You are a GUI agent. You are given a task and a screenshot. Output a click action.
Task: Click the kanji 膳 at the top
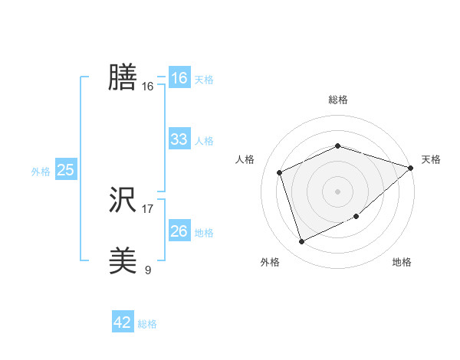[123, 78]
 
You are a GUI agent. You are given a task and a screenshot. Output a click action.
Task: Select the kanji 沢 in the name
[123, 201]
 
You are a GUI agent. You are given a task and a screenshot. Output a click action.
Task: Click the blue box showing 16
[179, 78]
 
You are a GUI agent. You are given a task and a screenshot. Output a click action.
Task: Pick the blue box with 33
[179, 139]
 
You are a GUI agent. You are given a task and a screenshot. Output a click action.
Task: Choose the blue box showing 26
[179, 231]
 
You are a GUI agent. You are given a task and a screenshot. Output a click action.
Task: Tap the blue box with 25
[65, 170]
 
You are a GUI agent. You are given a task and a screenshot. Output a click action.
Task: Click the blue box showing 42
[123, 322]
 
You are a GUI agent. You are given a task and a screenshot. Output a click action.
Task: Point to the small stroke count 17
[148, 209]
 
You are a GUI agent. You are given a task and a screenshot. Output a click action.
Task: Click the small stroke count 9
[148, 270]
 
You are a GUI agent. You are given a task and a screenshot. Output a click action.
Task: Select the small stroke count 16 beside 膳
[148, 87]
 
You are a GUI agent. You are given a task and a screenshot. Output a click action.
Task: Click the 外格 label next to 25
[41, 172]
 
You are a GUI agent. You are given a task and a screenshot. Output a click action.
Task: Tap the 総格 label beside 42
[147, 324]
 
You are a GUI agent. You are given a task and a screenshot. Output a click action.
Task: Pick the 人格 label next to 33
[204, 141]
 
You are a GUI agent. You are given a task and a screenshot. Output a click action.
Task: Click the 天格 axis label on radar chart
[432, 159]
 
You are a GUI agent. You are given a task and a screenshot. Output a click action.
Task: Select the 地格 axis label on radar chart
[402, 262]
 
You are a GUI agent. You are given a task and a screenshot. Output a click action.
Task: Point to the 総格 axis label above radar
[338, 100]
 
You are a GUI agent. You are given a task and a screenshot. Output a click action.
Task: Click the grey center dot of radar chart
[338, 191]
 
